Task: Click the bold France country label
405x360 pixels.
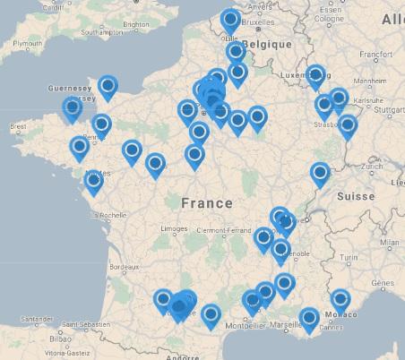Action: pos(206,203)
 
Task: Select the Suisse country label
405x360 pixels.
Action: pos(356,195)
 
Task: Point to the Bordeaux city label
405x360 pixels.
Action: pos(123,267)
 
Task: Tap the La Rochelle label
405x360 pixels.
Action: pos(106,215)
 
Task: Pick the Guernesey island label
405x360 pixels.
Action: pos(72,89)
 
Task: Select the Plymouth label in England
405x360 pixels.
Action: pos(27,43)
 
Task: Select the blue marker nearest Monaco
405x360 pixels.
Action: pos(340,300)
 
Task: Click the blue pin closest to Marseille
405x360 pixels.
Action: pos(309,317)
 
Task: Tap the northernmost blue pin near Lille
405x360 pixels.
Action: pos(230,19)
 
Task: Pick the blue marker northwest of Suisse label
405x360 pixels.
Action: pos(320,173)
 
